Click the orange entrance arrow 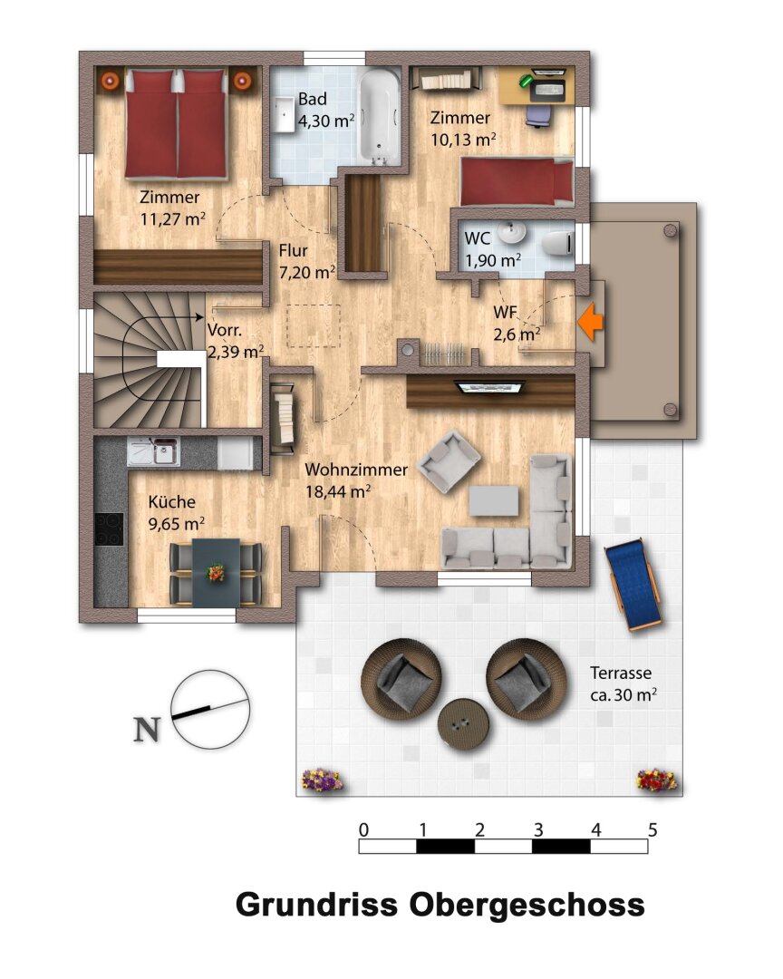(x=591, y=322)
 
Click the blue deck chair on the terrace (x=633, y=585)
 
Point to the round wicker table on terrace (x=463, y=722)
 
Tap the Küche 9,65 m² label (x=176, y=511)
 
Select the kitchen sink (x=162, y=450)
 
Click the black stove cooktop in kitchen (x=110, y=528)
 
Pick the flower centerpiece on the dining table (x=216, y=572)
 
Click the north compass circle (x=210, y=709)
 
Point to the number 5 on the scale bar (x=652, y=829)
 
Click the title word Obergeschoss (x=527, y=905)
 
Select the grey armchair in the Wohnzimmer (x=449, y=461)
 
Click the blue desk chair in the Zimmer (x=537, y=113)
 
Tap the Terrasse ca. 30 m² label (x=622, y=684)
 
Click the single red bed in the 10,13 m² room (x=516, y=181)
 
